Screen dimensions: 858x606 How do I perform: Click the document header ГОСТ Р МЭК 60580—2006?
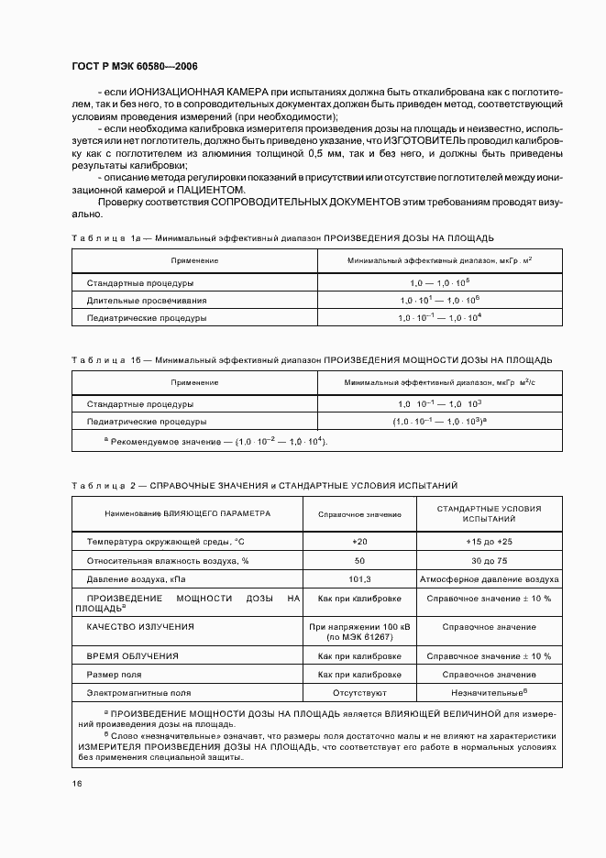(x=134, y=67)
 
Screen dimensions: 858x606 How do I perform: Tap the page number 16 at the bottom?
(x=76, y=783)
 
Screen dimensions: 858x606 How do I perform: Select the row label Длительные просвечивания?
(x=147, y=300)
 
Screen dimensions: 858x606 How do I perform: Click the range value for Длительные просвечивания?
(x=439, y=300)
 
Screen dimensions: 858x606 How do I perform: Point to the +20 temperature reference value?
(x=359, y=542)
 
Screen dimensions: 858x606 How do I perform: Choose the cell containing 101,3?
(x=359, y=579)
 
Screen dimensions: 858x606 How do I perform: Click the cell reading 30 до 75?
(x=489, y=560)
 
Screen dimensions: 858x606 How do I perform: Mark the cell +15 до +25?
(x=489, y=542)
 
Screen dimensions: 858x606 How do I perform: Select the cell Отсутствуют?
(x=359, y=693)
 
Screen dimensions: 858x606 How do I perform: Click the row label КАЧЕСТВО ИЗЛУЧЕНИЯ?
(x=140, y=626)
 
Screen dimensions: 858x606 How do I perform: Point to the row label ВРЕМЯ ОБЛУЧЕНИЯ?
(x=133, y=656)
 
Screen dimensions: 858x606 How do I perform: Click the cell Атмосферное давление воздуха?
(x=489, y=579)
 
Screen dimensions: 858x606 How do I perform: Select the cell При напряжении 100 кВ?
(x=359, y=627)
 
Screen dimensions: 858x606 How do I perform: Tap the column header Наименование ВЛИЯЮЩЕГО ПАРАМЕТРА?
(x=188, y=515)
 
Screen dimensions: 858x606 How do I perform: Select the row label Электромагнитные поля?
(x=138, y=693)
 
